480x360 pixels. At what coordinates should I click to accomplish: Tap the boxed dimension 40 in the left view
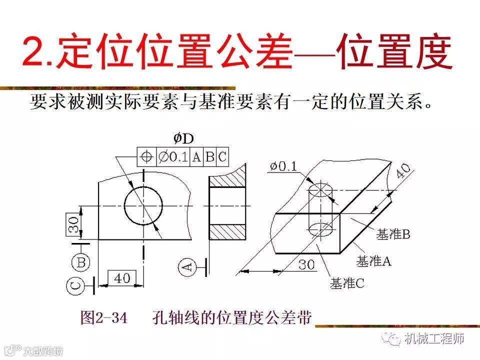[121, 278]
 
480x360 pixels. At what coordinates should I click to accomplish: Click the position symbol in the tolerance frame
[147, 156]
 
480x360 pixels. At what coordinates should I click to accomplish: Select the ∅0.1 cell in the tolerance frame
[173, 156]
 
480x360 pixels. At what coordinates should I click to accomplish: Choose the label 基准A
[373, 261]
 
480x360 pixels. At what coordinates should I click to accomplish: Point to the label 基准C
[347, 283]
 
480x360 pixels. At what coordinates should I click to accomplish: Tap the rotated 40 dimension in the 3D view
[402, 172]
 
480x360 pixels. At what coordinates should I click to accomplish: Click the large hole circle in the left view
[143, 205]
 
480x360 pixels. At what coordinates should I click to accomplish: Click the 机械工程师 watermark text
[434, 339]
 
